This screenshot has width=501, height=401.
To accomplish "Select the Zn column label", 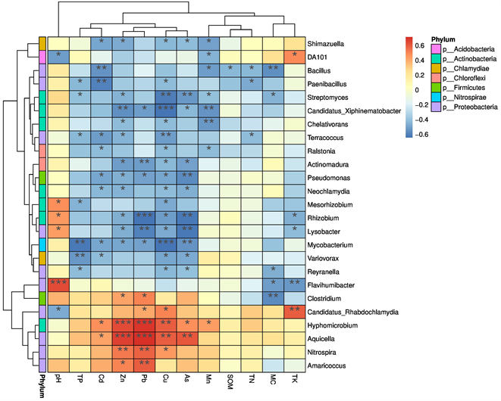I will tap(123, 384).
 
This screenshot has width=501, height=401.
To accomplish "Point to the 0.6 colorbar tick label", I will tap(412, 45).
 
